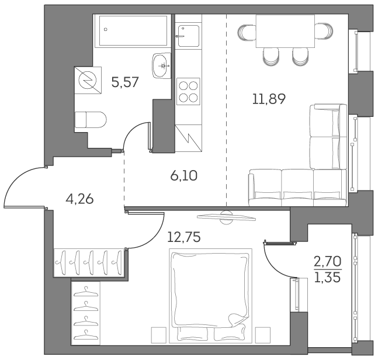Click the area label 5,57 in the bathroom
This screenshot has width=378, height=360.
click(124, 82)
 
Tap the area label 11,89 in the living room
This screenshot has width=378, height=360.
click(268, 99)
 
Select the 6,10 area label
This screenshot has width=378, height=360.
click(184, 175)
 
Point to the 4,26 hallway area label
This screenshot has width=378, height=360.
click(79, 199)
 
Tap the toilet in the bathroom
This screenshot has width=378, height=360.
click(90, 120)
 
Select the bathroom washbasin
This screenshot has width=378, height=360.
click(161, 65)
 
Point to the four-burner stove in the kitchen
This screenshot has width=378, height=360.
click(188, 91)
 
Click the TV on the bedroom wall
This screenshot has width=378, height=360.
click(226, 217)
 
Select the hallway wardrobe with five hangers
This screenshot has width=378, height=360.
click(89, 262)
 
